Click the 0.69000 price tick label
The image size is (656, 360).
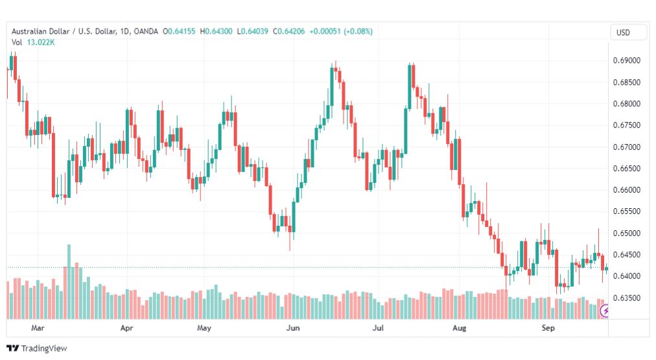[626, 60]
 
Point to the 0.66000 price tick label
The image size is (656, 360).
[626, 190]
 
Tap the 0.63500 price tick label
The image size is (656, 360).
[626, 298]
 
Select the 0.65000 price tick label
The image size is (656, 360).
[626, 234]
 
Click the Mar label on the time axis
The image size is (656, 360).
[38, 328]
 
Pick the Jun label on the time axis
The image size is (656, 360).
[292, 328]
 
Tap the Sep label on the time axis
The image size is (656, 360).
[548, 328]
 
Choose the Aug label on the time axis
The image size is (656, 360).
[459, 328]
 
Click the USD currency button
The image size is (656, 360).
[623, 32]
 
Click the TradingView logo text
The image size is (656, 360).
[43, 348]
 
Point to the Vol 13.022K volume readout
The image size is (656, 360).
[33, 43]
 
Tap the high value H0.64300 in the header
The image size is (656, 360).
[218, 32]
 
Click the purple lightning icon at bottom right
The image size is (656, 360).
[606, 311]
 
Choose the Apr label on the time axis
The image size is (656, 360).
[127, 328]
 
